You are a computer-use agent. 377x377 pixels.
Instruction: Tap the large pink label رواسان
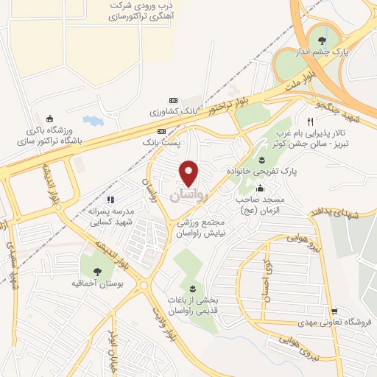click(190, 197)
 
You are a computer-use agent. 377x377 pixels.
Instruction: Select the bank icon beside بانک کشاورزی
click(173, 101)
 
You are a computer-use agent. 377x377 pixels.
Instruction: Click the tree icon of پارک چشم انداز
click(320, 40)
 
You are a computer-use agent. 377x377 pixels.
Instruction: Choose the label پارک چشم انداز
click(320, 53)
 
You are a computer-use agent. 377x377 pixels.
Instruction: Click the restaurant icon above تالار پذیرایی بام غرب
click(310, 120)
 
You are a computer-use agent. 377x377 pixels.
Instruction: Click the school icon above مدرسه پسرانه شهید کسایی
click(110, 199)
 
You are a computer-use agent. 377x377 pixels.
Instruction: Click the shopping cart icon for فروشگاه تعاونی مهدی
click(334, 311)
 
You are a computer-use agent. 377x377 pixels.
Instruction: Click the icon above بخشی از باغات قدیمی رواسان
click(193, 287)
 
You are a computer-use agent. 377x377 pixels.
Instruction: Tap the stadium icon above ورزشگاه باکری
click(50, 119)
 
